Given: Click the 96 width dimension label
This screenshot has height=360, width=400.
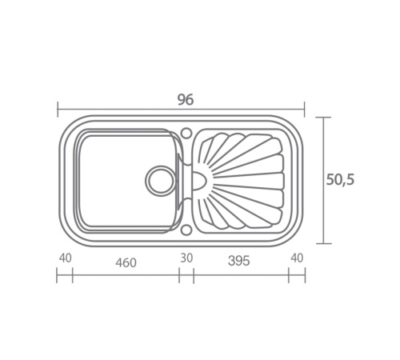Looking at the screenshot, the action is (x=186, y=100).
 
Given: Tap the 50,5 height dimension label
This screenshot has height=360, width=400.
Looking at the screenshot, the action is (x=340, y=179).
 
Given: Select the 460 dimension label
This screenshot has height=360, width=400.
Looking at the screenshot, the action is (x=126, y=262).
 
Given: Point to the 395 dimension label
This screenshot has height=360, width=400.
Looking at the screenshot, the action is (x=239, y=261).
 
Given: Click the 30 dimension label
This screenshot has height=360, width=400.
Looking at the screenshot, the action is (x=186, y=258).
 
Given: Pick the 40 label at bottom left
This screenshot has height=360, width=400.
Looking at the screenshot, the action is (x=66, y=258).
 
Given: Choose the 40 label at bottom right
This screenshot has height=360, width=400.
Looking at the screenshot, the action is (x=297, y=258).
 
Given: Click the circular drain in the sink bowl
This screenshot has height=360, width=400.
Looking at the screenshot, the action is (x=161, y=181).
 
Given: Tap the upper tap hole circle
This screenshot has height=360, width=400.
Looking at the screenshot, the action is (x=186, y=133).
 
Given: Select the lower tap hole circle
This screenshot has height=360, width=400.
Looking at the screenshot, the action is (x=186, y=230).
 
